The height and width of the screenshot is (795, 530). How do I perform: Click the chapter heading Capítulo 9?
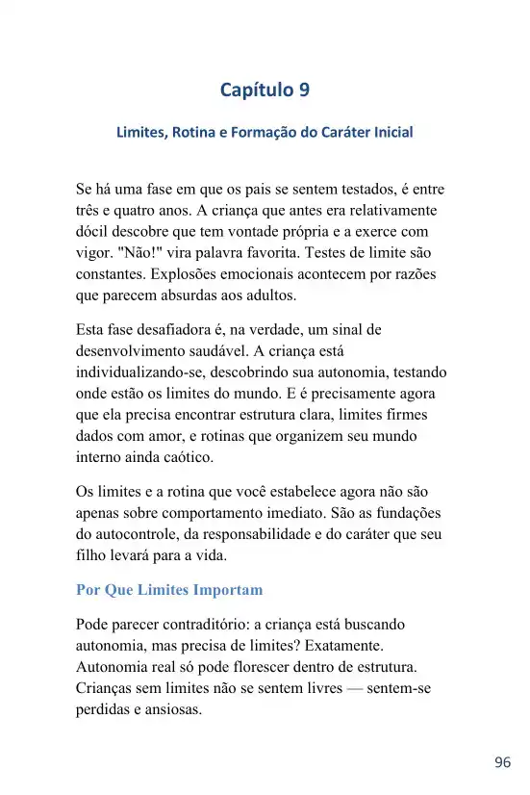click(x=265, y=90)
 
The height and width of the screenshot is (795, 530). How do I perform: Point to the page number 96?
click(x=502, y=762)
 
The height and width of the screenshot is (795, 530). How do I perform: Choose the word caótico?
click(x=196, y=456)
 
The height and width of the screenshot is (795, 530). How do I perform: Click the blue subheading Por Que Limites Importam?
click(x=169, y=589)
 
